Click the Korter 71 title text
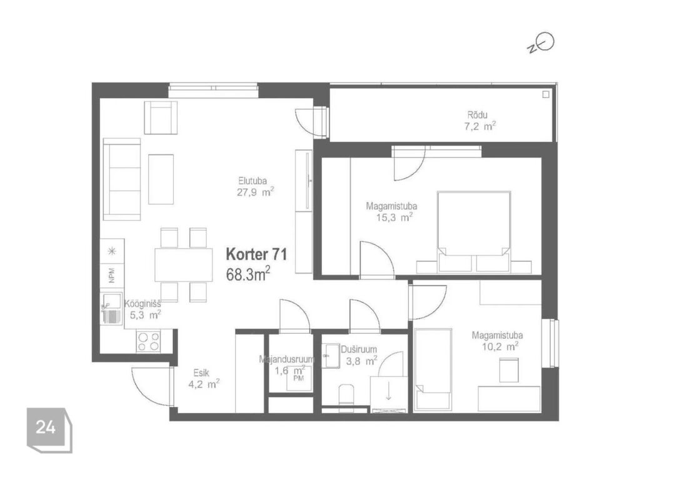(x=256, y=254)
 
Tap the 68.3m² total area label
(x=248, y=274)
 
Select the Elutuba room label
(x=253, y=181)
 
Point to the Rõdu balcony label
(x=478, y=115)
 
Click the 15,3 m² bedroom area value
(x=394, y=217)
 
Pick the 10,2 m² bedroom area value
(x=499, y=346)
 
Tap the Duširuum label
(x=359, y=350)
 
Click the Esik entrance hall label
(x=201, y=373)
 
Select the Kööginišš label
(x=143, y=304)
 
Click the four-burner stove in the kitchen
(x=148, y=341)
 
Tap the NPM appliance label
(x=112, y=275)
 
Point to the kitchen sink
(x=111, y=308)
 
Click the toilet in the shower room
(x=346, y=394)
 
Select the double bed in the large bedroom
(x=474, y=232)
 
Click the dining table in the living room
(x=184, y=265)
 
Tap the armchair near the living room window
(x=161, y=117)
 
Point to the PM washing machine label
(x=299, y=378)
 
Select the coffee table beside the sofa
(x=161, y=179)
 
